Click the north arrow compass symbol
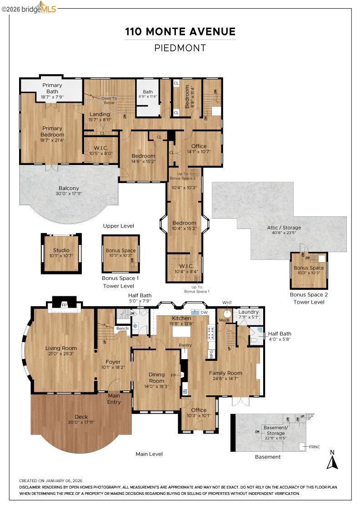333,460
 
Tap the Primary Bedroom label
52,131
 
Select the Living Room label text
61,348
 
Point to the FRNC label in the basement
315,447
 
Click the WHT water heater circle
227,313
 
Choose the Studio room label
61,250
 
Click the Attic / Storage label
284,228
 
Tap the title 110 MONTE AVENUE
180,32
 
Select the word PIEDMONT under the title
180,48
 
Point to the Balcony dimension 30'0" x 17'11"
69,194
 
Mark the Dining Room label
157,378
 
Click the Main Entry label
114,399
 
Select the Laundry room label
249,312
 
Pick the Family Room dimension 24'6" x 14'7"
225,379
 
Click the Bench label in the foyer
122,328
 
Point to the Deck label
81,417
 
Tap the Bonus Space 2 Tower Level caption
309,298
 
